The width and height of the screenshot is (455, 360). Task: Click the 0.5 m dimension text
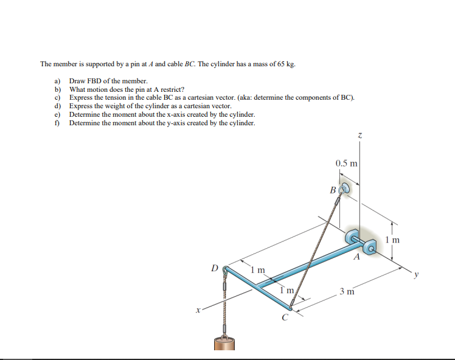[347, 163]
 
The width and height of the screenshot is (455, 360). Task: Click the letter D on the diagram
[214, 267]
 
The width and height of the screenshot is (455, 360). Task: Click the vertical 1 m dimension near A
[392, 240]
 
